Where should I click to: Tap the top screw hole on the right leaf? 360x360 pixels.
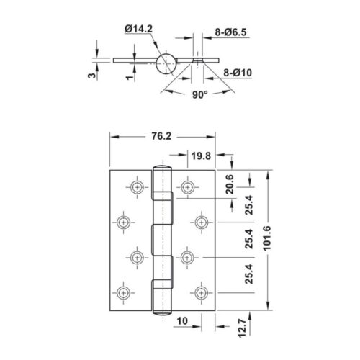tap(188, 186)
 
